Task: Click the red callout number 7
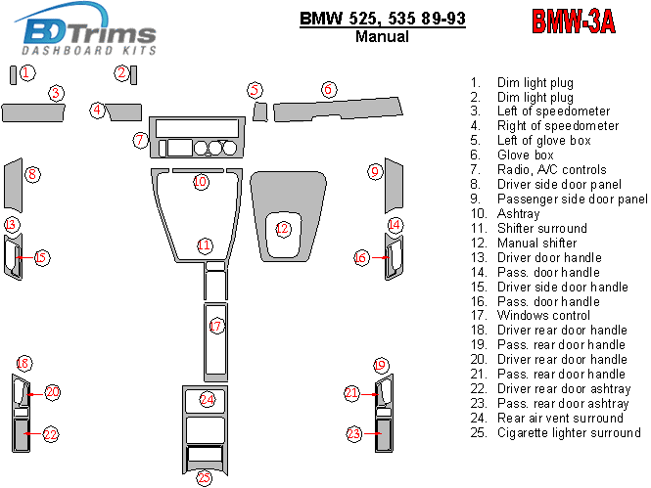click(x=140, y=140)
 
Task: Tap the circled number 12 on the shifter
click(x=282, y=229)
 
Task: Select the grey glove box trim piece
click(x=338, y=110)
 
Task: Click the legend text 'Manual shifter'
click(x=536, y=243)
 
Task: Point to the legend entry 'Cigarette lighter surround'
click(x=569, y=433)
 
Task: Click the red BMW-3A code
click(x=574, y=22)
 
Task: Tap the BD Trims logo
click(x=85, y=30)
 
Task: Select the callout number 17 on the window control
click(x=216, y=326)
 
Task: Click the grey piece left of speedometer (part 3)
click(x=33, y=112)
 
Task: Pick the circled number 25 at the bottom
click(x=204, y=477)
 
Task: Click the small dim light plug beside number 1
click(x=14, y=75)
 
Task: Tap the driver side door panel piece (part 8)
click(x=13, y=186)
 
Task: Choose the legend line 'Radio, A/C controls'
click(x=552, y=169)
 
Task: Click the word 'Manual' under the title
click(x=382, y=36)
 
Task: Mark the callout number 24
click(x=207, y=399)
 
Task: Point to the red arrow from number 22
click(x=33, y=433)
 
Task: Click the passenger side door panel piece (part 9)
click(x=394, y=186)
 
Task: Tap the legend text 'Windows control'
click(x=543, y=316)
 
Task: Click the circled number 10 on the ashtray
click(x=201, y=182)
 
